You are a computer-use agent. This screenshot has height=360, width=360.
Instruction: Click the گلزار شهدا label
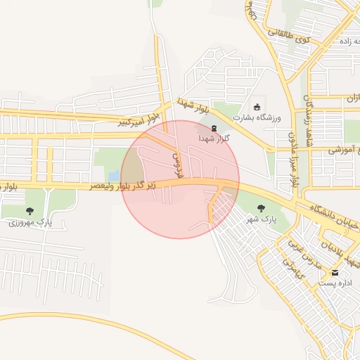[x=213, y=139]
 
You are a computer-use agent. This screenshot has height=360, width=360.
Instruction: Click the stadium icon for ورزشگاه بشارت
[x=257, y=107]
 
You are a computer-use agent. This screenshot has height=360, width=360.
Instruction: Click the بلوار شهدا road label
[x=194, y=105]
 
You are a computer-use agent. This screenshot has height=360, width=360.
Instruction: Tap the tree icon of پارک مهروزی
[x=29, y=210]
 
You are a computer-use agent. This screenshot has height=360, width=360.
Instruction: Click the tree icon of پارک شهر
[x=262, y=207]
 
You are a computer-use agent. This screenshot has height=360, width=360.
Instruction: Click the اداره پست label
[x=335, y=283]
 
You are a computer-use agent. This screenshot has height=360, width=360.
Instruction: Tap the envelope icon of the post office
[x=335, y=272]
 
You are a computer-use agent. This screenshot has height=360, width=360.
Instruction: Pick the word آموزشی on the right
[x=345, y=150]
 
